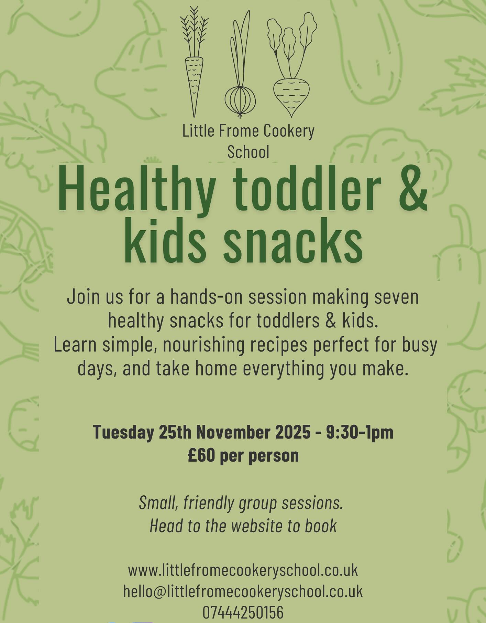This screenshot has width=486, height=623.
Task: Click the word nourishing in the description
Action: pyautogui.click(x=203, y=345)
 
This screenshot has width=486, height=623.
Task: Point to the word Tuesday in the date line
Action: pyautogui.click(x=123, y=432)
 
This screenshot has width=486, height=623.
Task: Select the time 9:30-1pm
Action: pyautogui.click(x=360, y=432)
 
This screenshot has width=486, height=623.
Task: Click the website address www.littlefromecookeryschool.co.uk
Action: pyautogui.click(x=243, y=570)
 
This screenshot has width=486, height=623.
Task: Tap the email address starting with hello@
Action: pyautogui.click(x=243, y=591)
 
